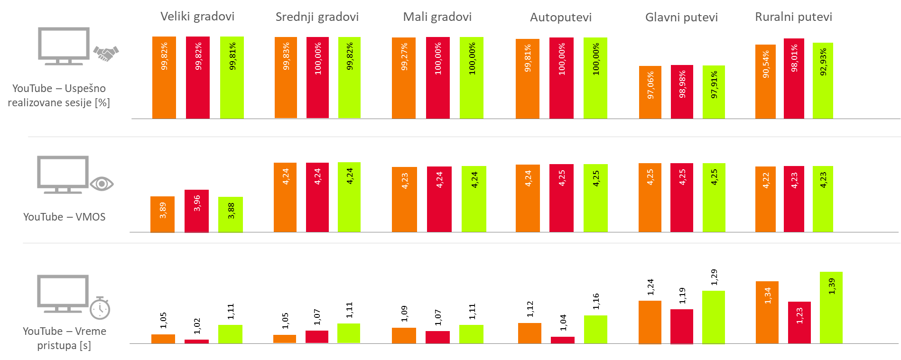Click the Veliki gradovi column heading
[x=197, y=17]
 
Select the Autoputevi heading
[x=560, y=18]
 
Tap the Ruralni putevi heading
[x=793, y=17]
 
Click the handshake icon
[x=106, y=53]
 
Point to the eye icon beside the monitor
[x=102, y=184]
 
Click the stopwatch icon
[x=100, y=308]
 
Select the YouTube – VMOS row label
[x=64, y=217]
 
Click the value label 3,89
[x=163, y=210]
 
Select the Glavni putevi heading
[x=681, y=18]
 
